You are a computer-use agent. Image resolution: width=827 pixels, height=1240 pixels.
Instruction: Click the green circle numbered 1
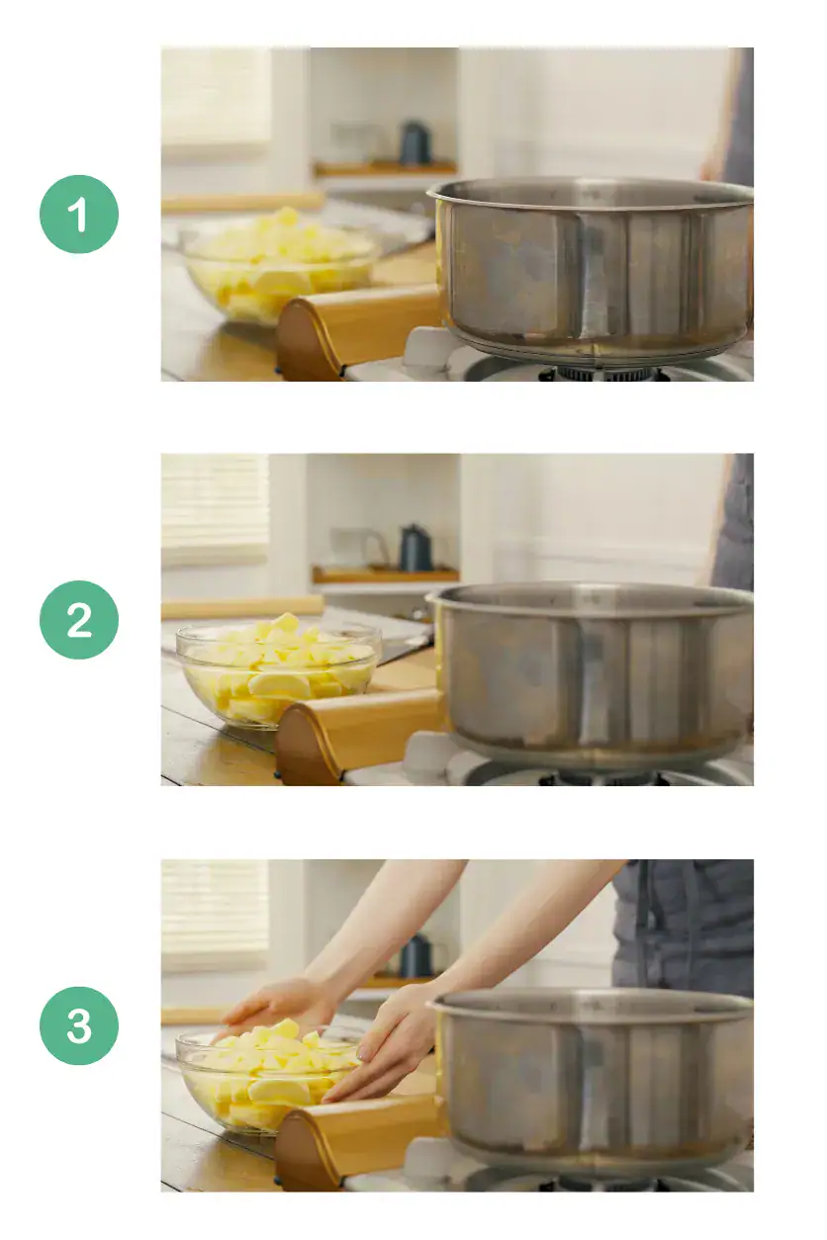point(79,215)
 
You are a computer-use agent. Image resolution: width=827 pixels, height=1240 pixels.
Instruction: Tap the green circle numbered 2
point(79,620)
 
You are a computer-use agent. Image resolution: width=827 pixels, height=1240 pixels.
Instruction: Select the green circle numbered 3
point(79,1025)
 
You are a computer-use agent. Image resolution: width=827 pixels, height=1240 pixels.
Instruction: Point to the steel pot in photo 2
point(594,672)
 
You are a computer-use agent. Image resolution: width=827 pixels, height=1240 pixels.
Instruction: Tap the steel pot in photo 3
point(594,1078)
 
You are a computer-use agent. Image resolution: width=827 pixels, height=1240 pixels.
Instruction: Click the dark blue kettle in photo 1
point(414,144)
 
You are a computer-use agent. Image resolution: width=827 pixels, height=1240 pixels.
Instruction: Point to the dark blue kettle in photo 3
point(415,956)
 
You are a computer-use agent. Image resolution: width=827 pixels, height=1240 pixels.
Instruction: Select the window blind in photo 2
point(215,509)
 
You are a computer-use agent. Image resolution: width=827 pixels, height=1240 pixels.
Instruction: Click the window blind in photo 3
point(215,915)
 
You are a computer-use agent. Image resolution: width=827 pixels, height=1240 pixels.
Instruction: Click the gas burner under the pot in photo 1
point(603,374)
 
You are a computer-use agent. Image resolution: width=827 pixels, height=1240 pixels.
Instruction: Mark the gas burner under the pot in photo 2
point(603,778)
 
